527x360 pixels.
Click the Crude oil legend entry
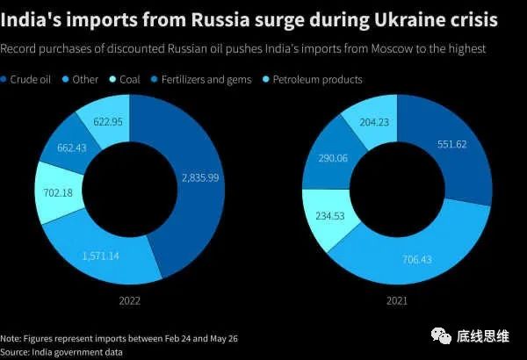point(30,80)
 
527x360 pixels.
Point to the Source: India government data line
point(61,350)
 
